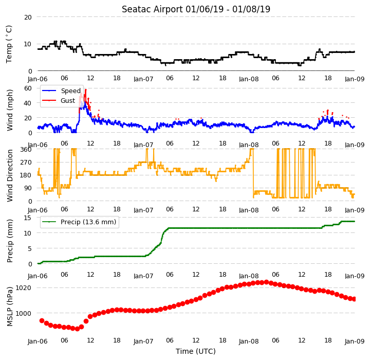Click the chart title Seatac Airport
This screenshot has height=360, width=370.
(x=152, y=9)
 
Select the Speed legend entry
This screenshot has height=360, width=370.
(x=71, y=91)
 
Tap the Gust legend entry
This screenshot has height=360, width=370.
(x=68, y=101)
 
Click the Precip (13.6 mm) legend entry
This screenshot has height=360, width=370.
(x=88, y=222)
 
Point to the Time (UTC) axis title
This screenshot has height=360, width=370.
(x=196, y=351)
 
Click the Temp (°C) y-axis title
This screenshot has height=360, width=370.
(x=9, y=44)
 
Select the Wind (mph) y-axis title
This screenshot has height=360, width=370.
(x=10, y=110)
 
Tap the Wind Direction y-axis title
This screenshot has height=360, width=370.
(x=10, y=175)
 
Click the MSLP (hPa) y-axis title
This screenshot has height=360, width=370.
(x=10, y=307)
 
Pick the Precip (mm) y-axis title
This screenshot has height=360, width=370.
(x=10, y=241)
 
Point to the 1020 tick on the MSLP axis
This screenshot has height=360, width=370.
(x=23, y=287)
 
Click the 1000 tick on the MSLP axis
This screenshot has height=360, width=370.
(x=23, y=313)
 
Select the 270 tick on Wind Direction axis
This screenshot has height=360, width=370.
(x=26, y=163)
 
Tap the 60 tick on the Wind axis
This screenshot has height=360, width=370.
(x=28, y=88)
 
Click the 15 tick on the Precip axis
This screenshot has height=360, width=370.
(x=28, y=218)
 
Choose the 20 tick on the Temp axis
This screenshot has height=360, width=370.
(x=28, y=17)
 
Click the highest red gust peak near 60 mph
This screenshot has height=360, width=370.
(x=86, y=90)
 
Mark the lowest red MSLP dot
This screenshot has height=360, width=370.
(x=77, y=329)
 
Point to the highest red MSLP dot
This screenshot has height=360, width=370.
(x=266, y=282)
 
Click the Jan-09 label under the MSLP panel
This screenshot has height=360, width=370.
(x=355, y=341)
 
